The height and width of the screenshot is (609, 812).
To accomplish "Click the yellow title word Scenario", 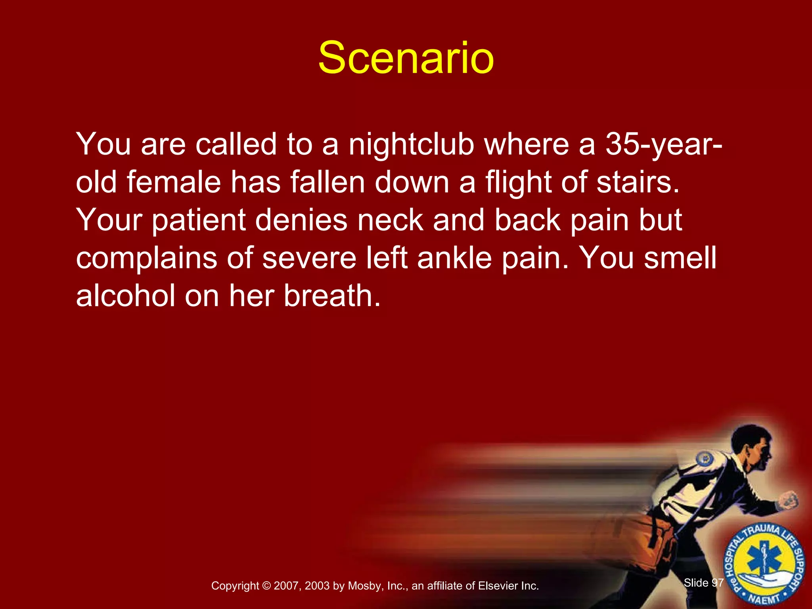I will coord(406,58).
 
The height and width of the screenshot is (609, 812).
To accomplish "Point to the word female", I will coord(174,182).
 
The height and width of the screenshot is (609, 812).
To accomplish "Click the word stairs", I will coord(638,182).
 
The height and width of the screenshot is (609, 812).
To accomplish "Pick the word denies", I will coord(301,220).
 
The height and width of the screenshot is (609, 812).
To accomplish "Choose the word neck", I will coord(391,220).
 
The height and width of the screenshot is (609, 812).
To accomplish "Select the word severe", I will coord(309,258).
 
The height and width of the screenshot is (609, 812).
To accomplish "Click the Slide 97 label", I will coord(703,583).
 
